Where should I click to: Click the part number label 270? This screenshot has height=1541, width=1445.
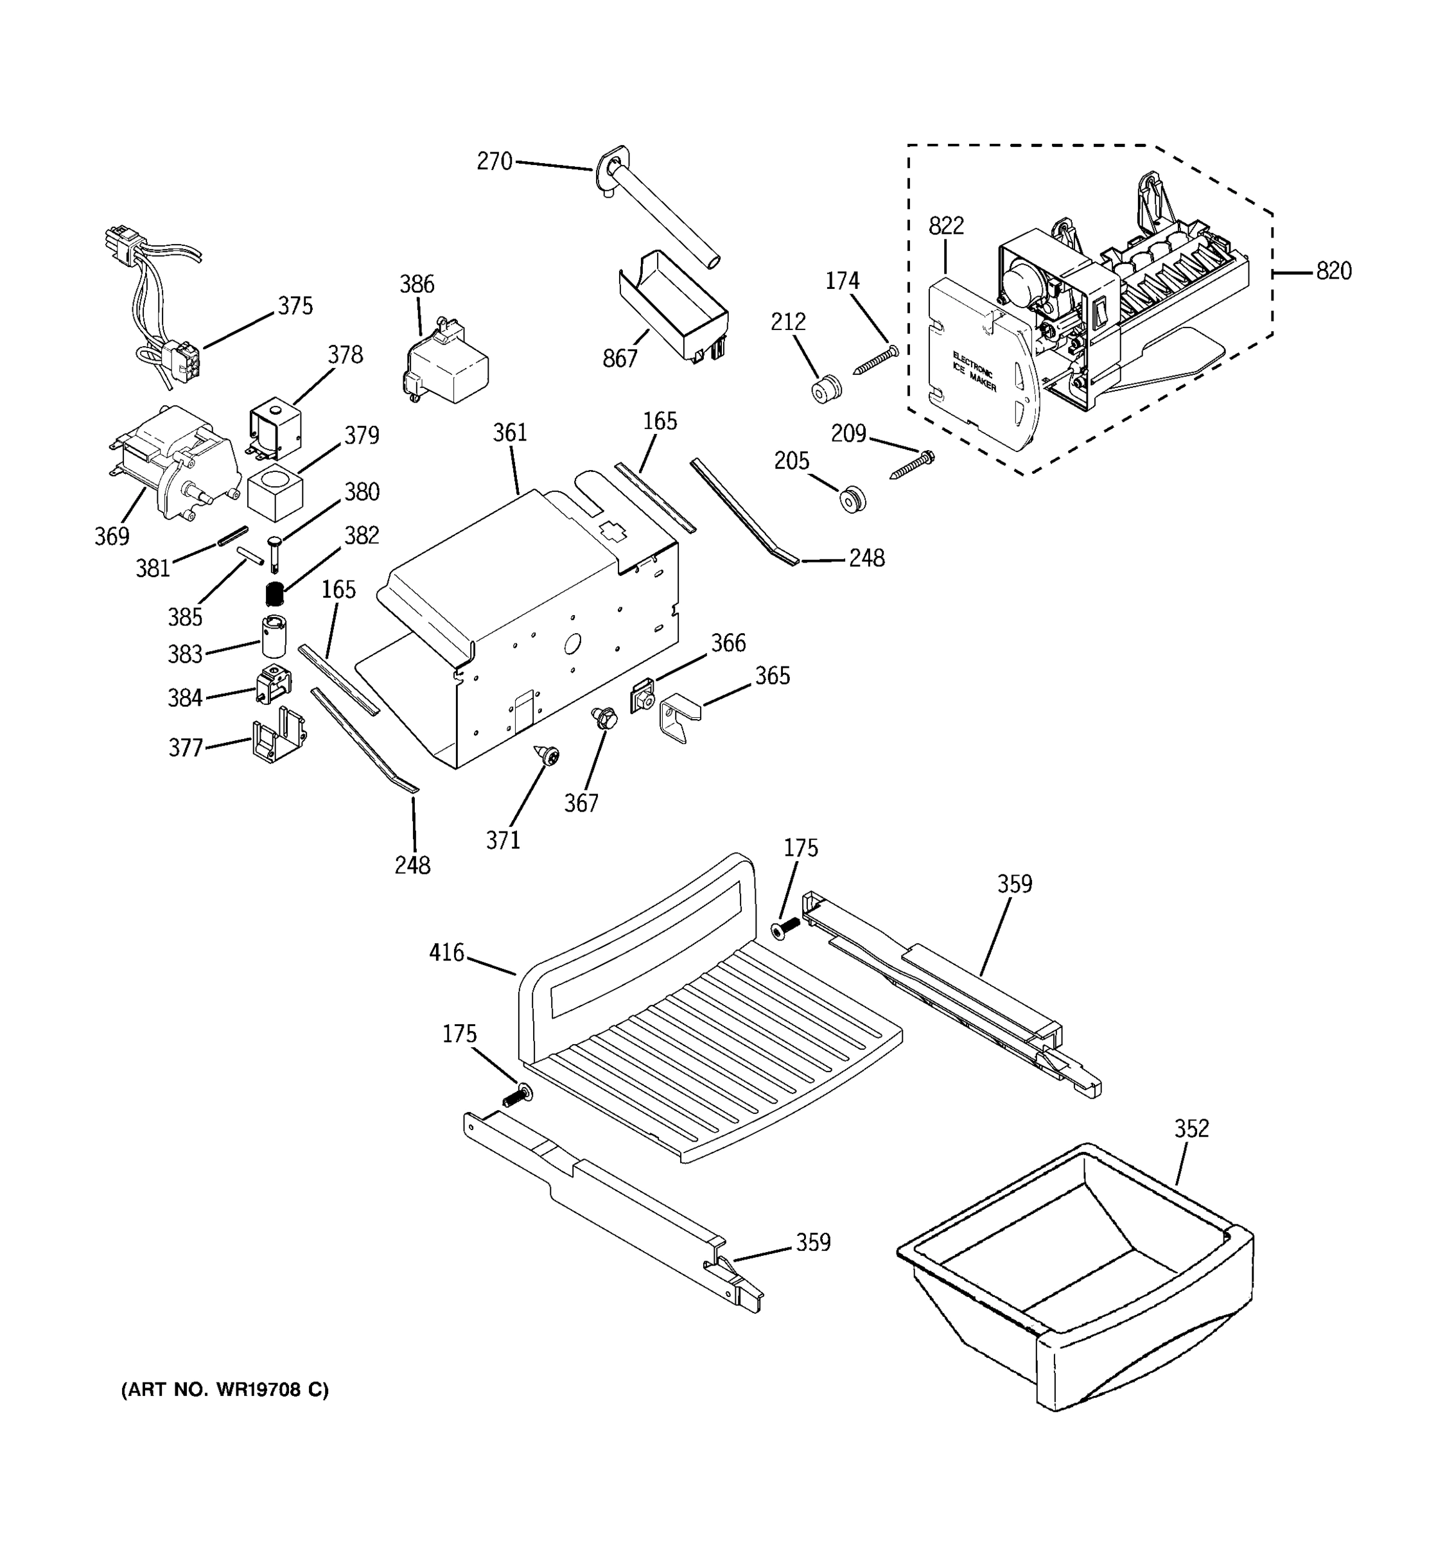[495, 161]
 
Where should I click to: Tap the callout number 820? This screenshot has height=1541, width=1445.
[1333, 272]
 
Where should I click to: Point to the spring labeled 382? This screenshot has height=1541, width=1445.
[272, 594]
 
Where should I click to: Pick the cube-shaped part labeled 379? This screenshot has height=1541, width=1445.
[274, 494]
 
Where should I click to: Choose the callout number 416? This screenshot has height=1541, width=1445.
[446, 953]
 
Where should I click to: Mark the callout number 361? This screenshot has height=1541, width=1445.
[510, 433]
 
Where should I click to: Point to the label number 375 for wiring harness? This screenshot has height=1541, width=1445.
[295, 306]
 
